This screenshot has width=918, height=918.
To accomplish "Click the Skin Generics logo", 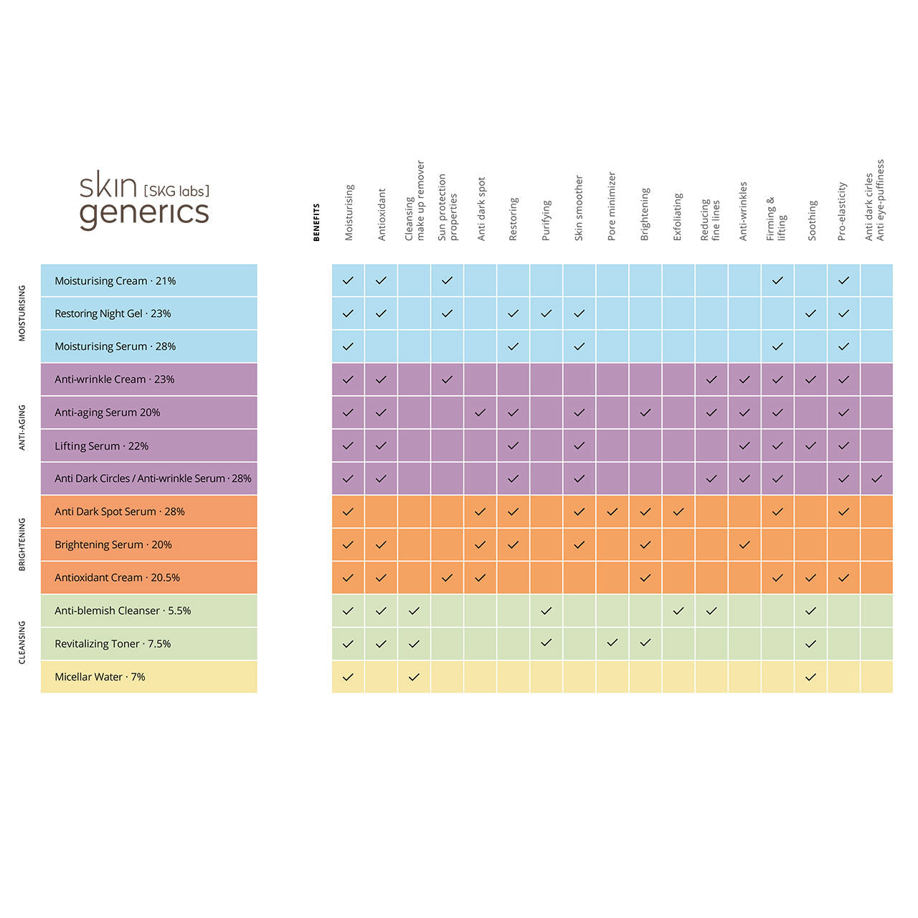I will tap(144, 200).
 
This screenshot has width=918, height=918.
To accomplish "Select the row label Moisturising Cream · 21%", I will tap(115, 281).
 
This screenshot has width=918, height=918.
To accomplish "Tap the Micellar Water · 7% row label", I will tap(100, 677).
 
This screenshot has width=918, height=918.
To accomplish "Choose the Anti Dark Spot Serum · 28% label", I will tap(120, 512).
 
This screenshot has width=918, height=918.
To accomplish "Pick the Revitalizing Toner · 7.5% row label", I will tap(113, 644).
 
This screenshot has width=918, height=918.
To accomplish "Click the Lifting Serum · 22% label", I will tap(102, 446).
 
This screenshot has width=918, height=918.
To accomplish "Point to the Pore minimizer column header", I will tap(612, 206).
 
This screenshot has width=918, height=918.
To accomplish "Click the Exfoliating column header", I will tap(678, 217).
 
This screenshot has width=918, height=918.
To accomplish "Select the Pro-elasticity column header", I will tap(843, 211).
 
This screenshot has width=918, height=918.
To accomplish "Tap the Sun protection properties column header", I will tap(448, 207).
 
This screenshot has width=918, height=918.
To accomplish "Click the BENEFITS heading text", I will tap(317, 222).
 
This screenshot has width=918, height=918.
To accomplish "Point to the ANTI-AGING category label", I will tap(22, 429).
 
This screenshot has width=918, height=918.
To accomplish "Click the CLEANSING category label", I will tap(22, 643).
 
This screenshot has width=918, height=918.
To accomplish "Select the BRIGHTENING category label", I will tap(22, 544).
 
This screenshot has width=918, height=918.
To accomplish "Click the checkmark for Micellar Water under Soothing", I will tap(810, 677).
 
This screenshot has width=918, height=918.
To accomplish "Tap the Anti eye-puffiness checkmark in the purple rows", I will tap(876, 478).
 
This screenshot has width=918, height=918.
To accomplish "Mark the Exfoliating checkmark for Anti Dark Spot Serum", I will tap(678, 512).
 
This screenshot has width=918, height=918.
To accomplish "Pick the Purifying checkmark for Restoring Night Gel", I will tap(546, 313).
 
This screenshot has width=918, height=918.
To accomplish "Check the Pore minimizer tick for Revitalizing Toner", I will tap(612, 643).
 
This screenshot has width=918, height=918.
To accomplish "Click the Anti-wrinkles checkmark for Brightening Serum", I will tap(744, 545).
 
